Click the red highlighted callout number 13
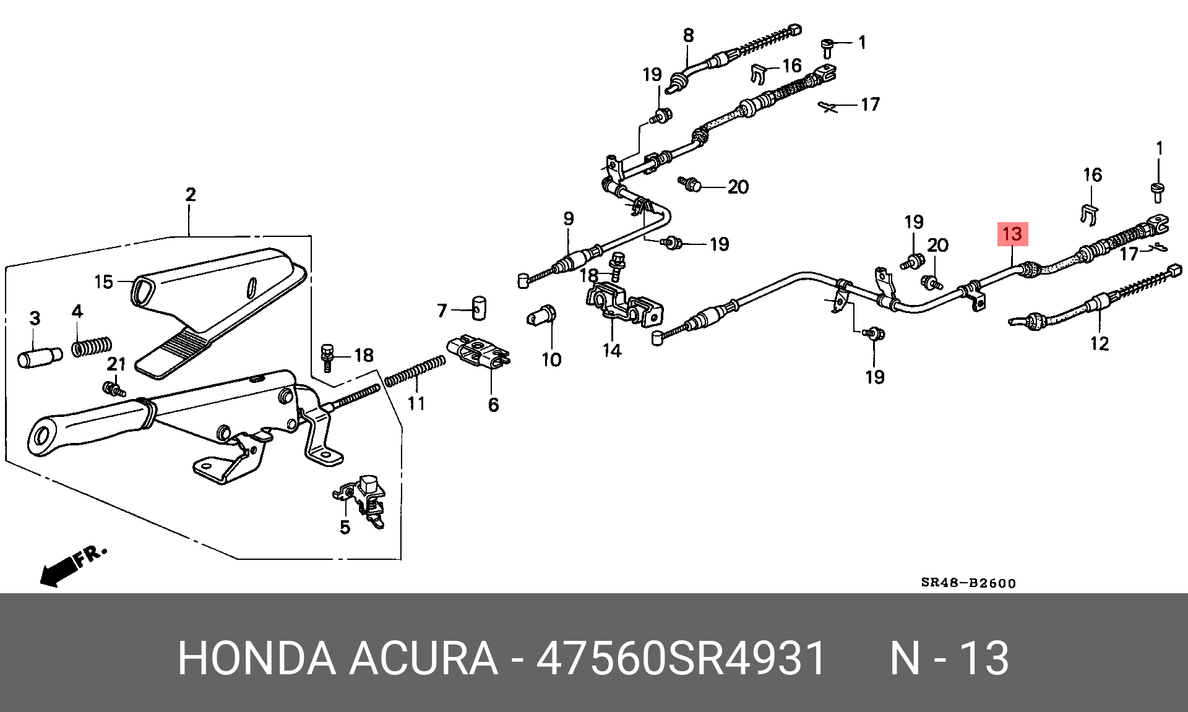[1012, 234]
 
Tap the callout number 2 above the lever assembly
[190, 194]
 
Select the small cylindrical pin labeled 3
[39, 357]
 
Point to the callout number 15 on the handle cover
[103, 282]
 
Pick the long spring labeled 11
[414, 372]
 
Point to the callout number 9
[568, 218]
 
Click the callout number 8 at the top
[689, 35]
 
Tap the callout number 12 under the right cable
[1099, 343]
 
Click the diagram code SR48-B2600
[968, 583]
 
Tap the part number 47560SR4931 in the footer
[681, 659]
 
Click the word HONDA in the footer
[256, 659]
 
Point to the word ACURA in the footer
[423, 659]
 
